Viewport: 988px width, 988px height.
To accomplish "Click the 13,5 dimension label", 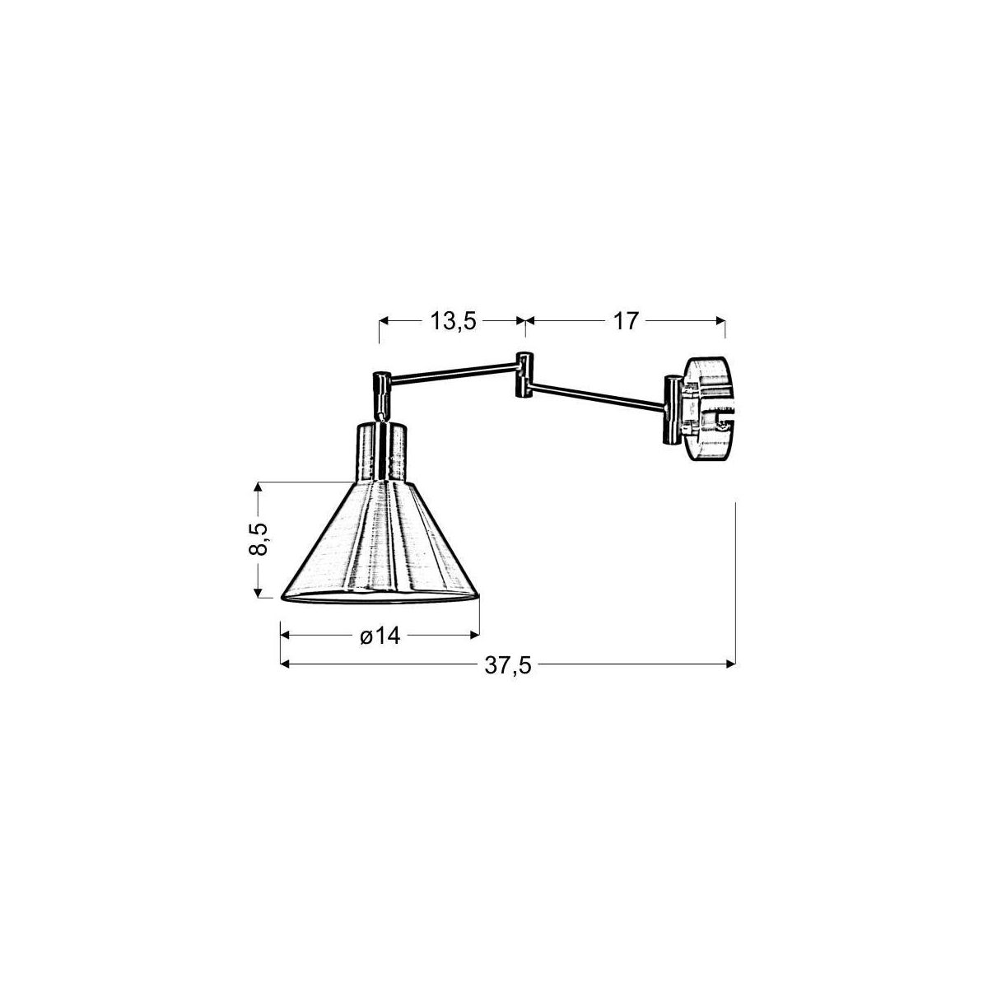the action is (x=453, y=321).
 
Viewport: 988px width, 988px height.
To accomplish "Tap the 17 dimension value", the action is (x=625, y=321).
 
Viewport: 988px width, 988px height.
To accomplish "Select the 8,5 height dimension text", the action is (x=259, y=538).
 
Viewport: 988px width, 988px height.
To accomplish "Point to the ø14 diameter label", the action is (x=380, y=636).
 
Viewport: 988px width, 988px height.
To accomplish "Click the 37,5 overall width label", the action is (x=508, y=665).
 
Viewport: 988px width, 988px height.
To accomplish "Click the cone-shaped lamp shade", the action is (x=380, y=543).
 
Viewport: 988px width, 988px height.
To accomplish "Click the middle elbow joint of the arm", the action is (x=523, y=374).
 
